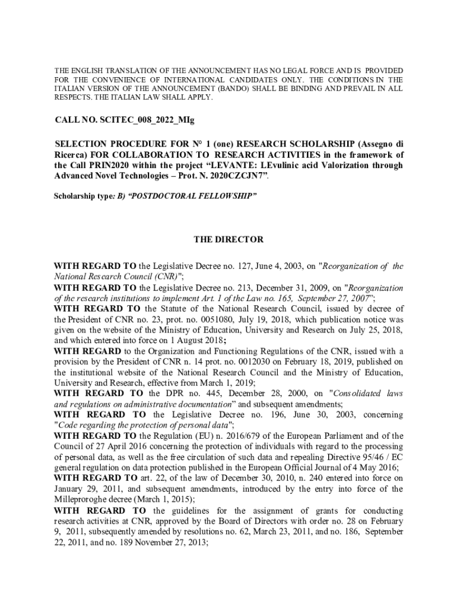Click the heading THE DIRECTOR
(x=228, y=240)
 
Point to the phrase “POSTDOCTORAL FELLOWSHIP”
(x=189, y=194)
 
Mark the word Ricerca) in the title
(x=72, y=156)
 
